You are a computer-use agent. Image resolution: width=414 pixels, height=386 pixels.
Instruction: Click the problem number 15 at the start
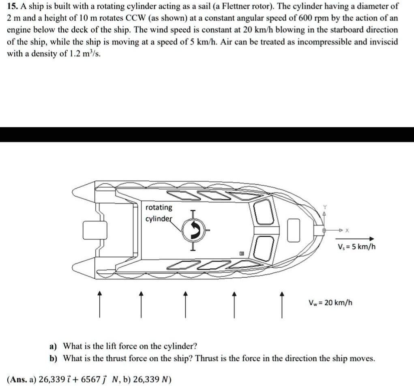pyautogui.click(x=12, y=7)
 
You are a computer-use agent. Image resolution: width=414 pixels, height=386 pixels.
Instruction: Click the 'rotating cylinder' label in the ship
pyautogui.click(x=159, y=213)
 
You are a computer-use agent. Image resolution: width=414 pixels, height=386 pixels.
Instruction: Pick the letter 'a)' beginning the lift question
pyautogui.click(x=53, y=347)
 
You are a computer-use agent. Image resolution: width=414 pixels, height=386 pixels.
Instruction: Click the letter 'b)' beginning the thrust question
pyautogui.click(x=53, y=359)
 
